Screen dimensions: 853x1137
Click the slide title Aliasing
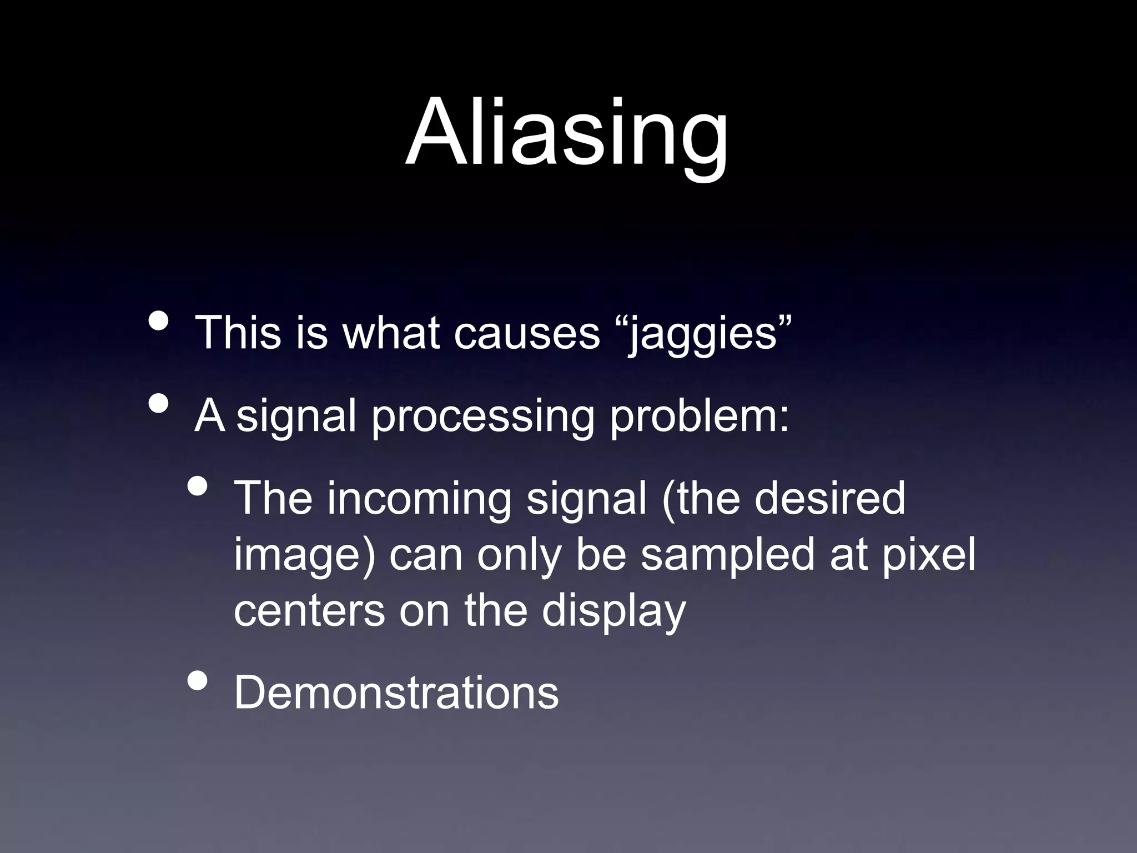pyautogui.click(x=567, y=133)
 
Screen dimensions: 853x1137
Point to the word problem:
pyautogui.click(x=699, y=417)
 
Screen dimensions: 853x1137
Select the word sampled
pyautogui.click(x=728, y=556)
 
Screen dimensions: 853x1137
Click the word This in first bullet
pyautogui.click(x=238, y=333)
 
